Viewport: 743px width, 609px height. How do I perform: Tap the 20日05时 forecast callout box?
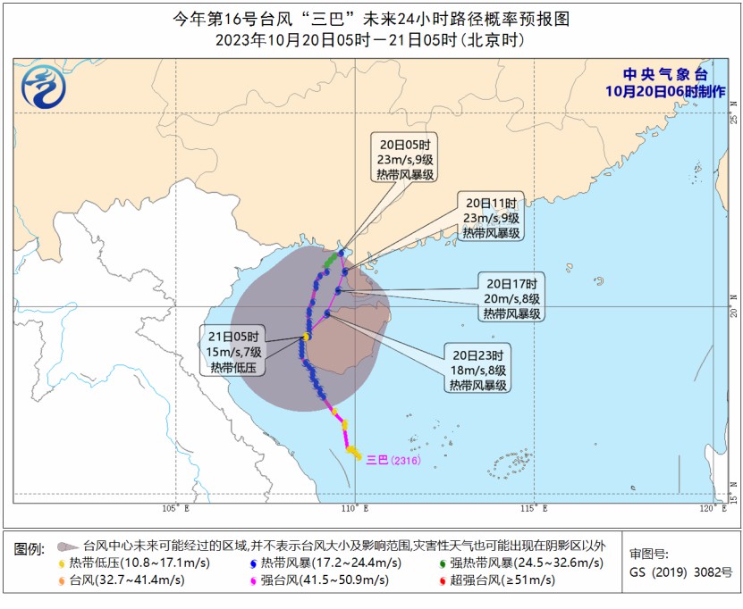pos(405,159)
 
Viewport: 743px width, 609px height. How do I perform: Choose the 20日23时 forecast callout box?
pos(478,368)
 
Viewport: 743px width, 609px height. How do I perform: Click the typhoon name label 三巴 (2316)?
pos(392,460)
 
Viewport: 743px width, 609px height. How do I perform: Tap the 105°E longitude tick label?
pos(175,509)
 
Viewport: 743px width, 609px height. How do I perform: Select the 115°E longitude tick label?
pos(534,509)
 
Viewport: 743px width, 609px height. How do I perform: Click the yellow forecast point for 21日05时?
pos(307,337)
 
